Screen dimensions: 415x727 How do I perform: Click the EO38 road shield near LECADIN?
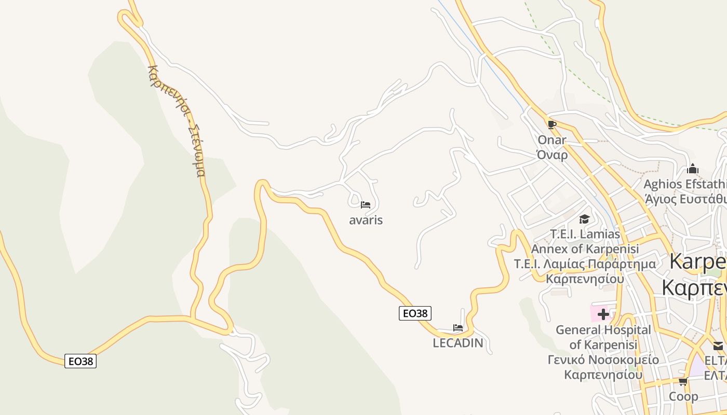[x=415, y=313]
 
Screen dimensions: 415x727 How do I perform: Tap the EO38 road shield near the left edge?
[x=80, y=361]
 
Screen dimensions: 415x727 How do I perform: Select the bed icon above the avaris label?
[x=366, y=205]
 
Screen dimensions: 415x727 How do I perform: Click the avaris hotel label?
[x=366, y=220]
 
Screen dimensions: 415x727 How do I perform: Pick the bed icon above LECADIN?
[x=457, y=327]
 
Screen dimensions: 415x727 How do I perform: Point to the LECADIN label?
[x=457, y=343]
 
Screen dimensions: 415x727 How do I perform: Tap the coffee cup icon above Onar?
[x=551, y=125]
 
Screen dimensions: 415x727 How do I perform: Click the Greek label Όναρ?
[x=552, y=155]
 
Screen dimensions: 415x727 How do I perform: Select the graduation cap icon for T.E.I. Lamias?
[x=584, y=219]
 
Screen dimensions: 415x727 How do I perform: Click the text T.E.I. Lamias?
[x=585, y=234]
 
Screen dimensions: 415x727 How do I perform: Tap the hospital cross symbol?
[x=603, y=314]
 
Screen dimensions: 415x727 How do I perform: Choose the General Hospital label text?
[x=603, y=330]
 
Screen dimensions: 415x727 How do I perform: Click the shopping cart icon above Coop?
[x=683, y=382]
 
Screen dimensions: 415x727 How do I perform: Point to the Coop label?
[x=683, y=397]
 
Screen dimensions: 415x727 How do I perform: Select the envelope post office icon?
[x=718, y=346]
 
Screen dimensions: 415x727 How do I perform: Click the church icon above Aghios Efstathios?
[x=692, y=169]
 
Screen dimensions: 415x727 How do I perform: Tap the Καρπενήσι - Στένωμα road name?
[x=177, y=120]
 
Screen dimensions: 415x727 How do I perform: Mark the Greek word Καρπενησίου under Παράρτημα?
[x=584, y=279]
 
